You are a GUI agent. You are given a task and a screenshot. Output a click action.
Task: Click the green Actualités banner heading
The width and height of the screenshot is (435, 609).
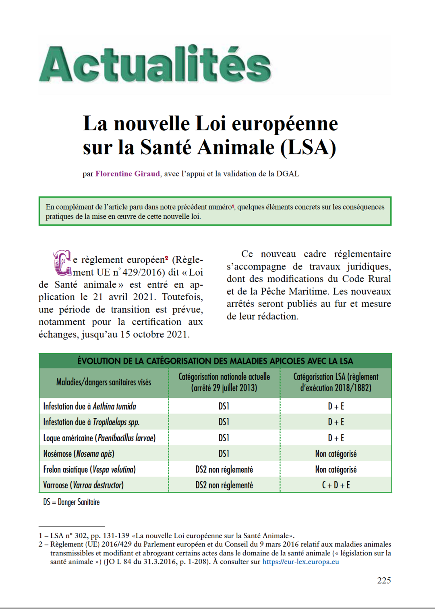coord(155,64)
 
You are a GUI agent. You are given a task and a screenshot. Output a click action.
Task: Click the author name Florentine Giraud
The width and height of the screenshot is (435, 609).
coord(127,174)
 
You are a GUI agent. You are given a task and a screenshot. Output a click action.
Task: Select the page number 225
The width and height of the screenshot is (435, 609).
coord(384,580)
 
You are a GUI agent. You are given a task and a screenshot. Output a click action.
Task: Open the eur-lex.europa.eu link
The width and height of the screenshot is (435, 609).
coord(300,562)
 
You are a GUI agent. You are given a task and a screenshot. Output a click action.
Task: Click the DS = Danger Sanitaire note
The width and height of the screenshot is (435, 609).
coord(71,502)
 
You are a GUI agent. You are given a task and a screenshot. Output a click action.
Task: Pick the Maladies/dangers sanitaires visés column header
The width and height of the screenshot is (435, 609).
coord(104,382)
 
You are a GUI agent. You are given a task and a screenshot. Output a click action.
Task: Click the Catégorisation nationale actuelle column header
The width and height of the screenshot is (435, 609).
coord(224,382)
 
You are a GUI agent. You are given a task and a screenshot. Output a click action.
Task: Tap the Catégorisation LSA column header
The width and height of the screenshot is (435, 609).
coord(336,382)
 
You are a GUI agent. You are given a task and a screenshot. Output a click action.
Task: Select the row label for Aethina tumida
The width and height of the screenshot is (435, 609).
coord(90,406)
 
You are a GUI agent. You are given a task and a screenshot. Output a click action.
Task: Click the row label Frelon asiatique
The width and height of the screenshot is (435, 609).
coord(89,469)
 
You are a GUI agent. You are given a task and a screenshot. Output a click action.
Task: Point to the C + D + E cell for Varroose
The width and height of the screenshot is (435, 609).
coord(336,485)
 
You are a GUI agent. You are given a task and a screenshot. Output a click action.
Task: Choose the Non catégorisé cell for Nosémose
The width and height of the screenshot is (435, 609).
coord(336,454)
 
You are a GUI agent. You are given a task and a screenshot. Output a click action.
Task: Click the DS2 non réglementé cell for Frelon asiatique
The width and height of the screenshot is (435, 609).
coord(224,469)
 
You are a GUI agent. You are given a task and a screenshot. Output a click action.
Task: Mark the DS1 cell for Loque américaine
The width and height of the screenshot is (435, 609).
coord(224,438)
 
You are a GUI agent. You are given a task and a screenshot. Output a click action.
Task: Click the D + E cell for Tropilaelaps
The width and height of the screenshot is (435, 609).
coord(336,422)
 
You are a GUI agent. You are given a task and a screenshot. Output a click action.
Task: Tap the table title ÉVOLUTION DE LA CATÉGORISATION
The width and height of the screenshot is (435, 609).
coord(215,361)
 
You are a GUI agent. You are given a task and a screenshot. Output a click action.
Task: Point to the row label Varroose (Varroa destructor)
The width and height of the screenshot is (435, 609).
coord(83,485)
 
